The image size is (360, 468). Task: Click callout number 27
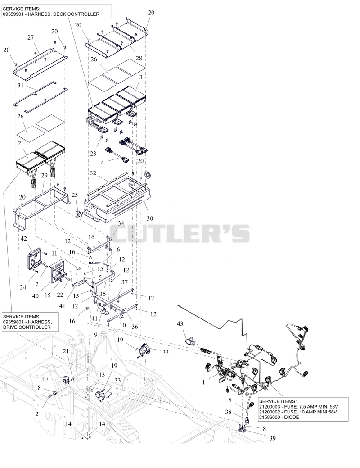coord(31,37)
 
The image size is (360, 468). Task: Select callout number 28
coord(139,58)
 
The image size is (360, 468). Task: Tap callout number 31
coord(20,86)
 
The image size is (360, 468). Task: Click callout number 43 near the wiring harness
coord(180,323)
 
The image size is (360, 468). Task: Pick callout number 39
coord(272,438)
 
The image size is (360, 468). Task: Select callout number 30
coord(150,218)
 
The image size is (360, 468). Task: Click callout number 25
coord(75,195)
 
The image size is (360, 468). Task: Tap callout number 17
coord(45,379)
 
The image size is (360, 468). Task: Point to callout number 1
coord(204,382)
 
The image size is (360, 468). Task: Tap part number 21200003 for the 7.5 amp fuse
coord(269,406)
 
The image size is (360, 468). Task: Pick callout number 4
coord(102,163)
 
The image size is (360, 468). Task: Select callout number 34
coord(121,223)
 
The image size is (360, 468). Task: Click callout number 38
coord(229,412)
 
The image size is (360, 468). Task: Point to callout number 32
coord(93,173)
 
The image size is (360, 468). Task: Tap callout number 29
coord(44,175)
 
